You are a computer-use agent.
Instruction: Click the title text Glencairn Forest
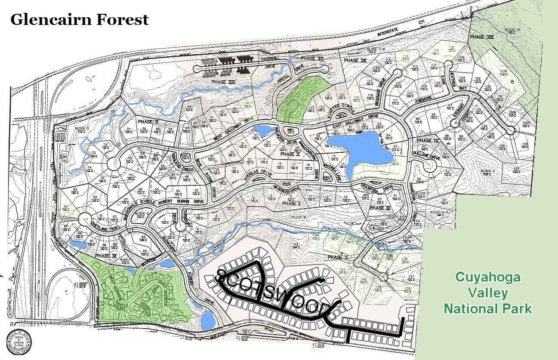[80, 19]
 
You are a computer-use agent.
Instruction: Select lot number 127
[517, 168]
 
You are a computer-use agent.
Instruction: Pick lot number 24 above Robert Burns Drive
[178, 191]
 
